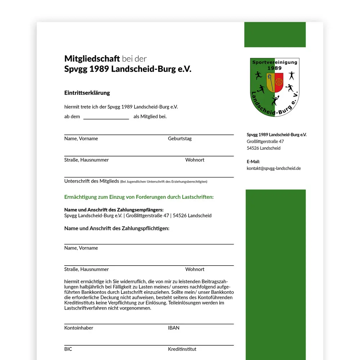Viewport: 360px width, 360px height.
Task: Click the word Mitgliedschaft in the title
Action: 92,59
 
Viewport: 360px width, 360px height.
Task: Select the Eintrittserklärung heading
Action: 87,93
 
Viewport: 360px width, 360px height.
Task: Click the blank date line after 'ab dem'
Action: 106,117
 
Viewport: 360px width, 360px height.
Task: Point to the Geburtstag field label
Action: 180,139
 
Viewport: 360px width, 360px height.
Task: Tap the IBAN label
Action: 174,328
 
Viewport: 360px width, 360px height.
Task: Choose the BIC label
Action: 68,349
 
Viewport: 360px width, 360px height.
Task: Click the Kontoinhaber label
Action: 78,328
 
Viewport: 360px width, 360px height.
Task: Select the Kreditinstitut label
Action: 182,349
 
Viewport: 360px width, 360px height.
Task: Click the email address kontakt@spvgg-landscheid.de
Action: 274,168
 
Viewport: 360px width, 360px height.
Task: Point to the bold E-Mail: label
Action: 253,162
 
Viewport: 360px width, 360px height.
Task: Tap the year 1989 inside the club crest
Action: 275,68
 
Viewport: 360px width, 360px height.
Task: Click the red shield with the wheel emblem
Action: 279,82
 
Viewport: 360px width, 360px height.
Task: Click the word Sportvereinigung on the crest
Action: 275,62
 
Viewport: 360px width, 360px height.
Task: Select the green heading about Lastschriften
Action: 139,197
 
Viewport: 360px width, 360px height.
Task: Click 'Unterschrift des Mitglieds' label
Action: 91,181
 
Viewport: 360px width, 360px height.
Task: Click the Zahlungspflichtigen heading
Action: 117,228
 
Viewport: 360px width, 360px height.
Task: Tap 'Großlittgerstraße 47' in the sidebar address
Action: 265,141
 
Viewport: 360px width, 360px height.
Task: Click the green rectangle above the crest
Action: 275,35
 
